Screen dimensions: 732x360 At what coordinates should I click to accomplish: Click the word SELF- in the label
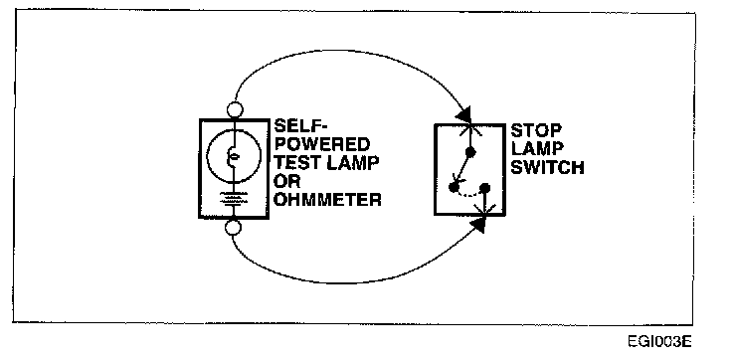point(299,126)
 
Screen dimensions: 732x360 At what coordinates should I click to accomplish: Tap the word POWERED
point(321,144)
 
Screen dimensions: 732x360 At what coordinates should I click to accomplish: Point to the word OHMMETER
point(327,200)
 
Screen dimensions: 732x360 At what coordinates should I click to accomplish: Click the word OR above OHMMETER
point(285,181)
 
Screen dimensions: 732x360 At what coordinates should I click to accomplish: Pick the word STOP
point(536,130)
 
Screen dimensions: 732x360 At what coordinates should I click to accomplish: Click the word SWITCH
point(547,167)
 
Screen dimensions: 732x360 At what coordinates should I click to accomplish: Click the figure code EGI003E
point(659,342)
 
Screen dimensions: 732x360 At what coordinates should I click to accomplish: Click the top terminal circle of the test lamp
point(235,110)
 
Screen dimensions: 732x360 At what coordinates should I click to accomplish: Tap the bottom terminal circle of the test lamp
point(234,228)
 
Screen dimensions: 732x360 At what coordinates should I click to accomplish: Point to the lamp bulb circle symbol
point(234,156)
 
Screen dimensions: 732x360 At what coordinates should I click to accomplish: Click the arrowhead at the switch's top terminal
point(465,114)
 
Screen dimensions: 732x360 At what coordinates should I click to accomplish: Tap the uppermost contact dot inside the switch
point(471,152)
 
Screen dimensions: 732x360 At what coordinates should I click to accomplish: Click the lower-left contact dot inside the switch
point(453,187)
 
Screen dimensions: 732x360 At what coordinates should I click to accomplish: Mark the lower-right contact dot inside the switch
point(485,188)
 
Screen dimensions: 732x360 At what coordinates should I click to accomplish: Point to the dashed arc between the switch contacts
point(468,195)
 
